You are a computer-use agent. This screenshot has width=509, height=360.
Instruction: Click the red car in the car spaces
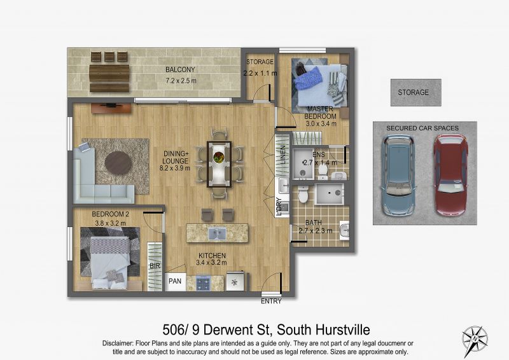coord(450,176)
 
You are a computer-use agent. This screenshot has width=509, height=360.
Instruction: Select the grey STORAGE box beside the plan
coord(416,92)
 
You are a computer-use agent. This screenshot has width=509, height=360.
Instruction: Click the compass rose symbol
coord(475,341)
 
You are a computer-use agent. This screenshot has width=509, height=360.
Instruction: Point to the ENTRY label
coord(271,301)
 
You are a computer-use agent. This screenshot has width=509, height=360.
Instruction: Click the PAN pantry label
coord(175,281)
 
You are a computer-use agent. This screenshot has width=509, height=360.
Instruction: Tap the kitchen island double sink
coord(217,233)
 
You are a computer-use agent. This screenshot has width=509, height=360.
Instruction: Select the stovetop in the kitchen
coord(203,283)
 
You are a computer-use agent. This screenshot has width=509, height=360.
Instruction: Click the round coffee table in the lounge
coord(118,163)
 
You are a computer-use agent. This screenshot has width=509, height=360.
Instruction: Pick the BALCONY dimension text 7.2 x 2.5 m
coord(181,81)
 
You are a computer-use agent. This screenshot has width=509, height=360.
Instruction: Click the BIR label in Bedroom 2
coord(155,267)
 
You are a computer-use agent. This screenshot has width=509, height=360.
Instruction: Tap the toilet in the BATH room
coord(303,194)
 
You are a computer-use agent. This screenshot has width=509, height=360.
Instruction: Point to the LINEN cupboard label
coord(283,155)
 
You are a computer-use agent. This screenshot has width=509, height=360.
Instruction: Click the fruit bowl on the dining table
coord(218,157)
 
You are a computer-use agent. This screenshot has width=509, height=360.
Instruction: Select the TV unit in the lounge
coord(111,108)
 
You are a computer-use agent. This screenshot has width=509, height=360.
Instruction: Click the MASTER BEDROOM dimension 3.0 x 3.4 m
coord(321,123)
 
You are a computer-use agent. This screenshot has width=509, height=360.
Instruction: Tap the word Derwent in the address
coord(237,330)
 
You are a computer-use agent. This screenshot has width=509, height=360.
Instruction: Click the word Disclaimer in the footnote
coord(117,343)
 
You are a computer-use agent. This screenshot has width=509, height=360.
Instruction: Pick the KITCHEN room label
coord(212,256)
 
